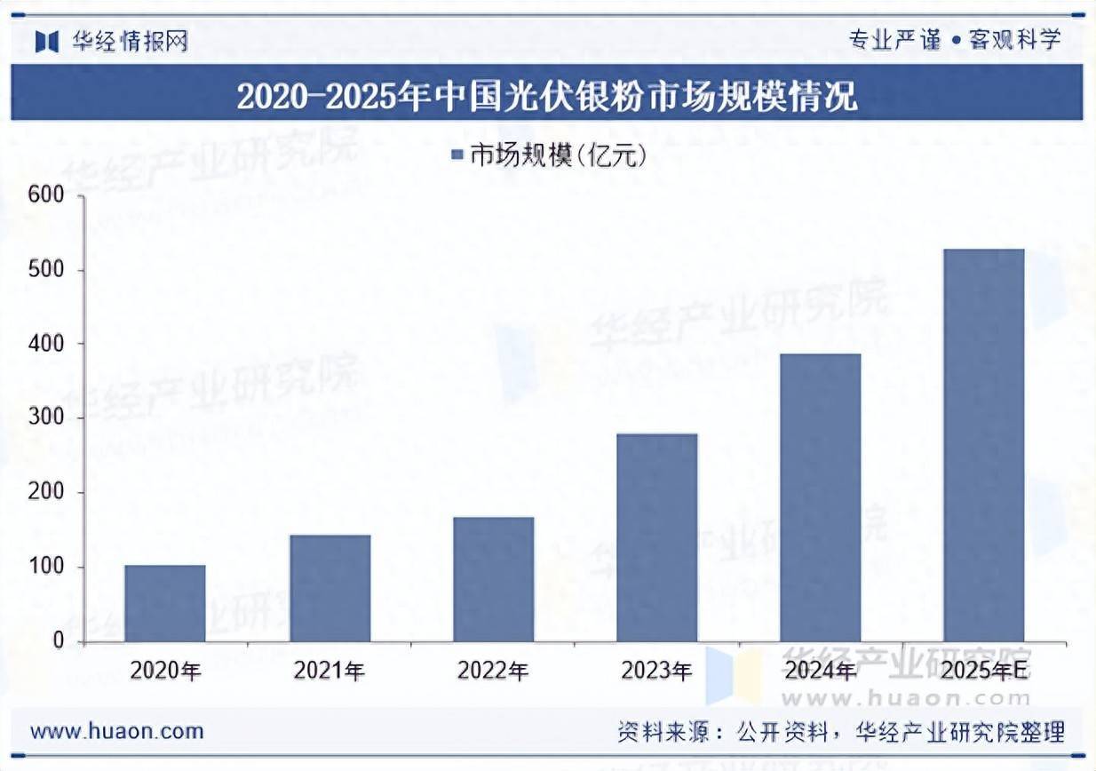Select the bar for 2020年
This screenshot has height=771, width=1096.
pyautogui.click(x=165, y=603)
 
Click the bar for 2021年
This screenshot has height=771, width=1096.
pyautogui.click(x=330, y=588)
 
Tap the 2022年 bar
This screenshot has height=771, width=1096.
pyautogui.click(x=494, y=579)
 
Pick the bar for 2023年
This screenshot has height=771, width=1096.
pyautogui.click(x=657, y=537)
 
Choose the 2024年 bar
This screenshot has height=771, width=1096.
pyautogui.click(x=821, y=497)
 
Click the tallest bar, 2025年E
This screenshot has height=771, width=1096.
pyautogui.click(x=984, y=445)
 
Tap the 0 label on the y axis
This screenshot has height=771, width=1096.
pyautogui.click(x=59, y=641)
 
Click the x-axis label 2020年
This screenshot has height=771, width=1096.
pyautogui.click(x=165, y=672)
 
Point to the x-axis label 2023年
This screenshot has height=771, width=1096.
pyautogui.click(x=657, y=672)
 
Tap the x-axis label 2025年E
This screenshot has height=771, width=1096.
pyautogui.click(x=984, y=672)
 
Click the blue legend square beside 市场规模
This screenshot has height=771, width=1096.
pyautogui.click(x=458, y=156)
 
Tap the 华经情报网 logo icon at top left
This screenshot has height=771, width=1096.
pyautogui.click(x=46, y=41)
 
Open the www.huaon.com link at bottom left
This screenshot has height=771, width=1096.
pyautogui.click(x=117, y=732)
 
